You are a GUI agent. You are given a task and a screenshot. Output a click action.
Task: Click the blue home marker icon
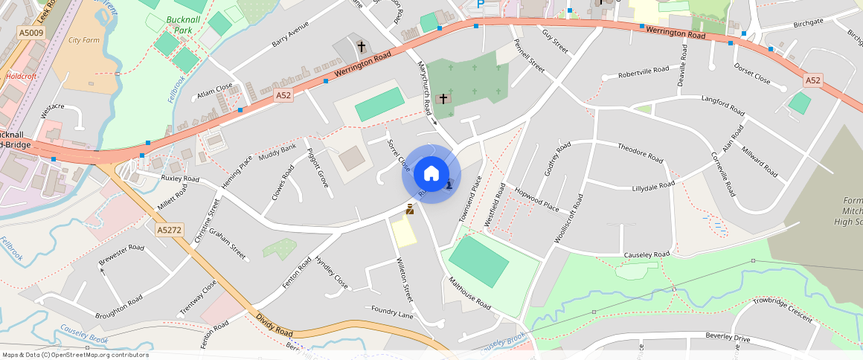click(x=431, y=174)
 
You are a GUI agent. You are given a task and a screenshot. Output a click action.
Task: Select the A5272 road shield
click(x=170, y=231)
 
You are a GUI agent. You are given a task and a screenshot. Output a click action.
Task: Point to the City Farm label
click(x=83, y=39)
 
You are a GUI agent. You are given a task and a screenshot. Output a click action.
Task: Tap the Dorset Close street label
click(x=752, y=76)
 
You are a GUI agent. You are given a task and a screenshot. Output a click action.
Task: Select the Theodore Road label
click(x=640, y=152)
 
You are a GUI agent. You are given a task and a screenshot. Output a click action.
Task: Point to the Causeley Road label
click(x=647, y=254)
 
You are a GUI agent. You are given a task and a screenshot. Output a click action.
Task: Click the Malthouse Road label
click(x=469, y=294)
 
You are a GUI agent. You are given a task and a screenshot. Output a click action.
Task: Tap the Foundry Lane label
click(x=391, y=313)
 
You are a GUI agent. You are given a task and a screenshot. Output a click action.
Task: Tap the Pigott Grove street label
click(x=318, y=168)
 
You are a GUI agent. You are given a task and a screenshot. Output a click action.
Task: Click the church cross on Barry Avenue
click(x=362, y=47)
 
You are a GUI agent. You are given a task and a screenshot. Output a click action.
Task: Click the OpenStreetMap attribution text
click(x=74, y=355)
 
